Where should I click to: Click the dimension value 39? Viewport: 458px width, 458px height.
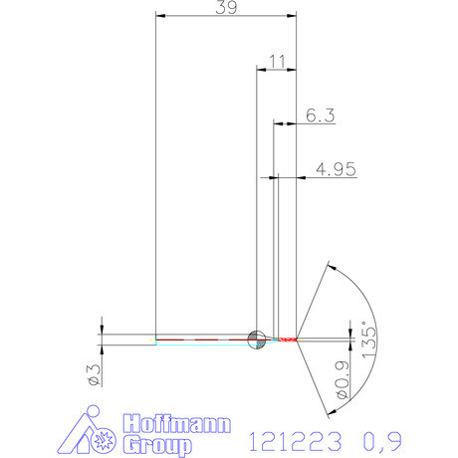227,8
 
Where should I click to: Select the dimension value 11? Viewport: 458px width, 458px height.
277,62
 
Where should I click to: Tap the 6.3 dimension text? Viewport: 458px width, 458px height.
320,115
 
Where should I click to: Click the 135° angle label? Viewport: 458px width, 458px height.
367,343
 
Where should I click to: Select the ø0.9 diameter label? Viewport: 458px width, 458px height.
341,382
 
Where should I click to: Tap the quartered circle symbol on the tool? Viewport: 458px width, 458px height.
256,339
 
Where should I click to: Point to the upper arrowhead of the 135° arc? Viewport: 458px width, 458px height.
331,268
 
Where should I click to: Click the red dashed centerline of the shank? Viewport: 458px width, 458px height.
199,339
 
